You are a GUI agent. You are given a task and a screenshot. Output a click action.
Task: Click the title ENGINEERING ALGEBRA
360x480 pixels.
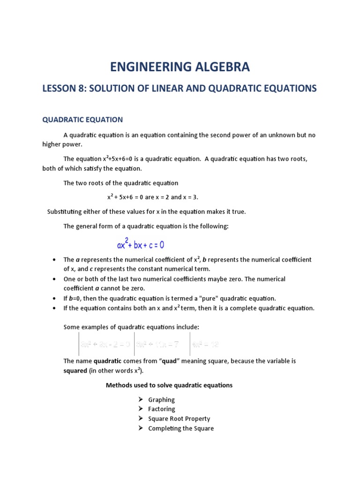pyautogui.click(x=180, y=67)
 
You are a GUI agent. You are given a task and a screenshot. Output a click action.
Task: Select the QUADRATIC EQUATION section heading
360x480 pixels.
pyautogui.click(x=82, y=120)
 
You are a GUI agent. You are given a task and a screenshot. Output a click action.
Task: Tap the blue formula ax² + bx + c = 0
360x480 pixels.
pyautogui.click(x=141, y=245)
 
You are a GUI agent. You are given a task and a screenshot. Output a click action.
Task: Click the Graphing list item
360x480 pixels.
pyautogui.click(x=161, y=400)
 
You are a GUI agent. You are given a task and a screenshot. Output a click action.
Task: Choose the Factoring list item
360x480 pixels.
pyautogui.click(x=161, y=409)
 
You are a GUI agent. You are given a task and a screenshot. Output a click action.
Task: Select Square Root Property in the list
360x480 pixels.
pyautogui.click(x=179, y=419)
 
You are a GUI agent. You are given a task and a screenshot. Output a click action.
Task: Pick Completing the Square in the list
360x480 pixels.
pyautogui.click(x=180, y=428)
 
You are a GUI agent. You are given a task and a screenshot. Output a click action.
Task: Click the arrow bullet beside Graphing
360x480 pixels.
pyautogui.click(x=140, y=400)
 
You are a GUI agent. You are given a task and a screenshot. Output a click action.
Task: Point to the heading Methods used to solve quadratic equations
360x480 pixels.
pyautogui.click(x=169, y=385)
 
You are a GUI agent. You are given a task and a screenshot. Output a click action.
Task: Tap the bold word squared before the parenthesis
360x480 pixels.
pyautogui.click(x=75, y=371)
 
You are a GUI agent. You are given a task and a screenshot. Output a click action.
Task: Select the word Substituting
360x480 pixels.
pyautogui.click(x=67, y=212)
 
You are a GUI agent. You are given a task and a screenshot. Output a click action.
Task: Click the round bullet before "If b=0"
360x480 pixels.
pyautogui.click(x=55, y=299)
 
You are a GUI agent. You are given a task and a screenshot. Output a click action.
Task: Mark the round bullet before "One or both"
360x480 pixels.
pyautogui.click(x=55, y=279)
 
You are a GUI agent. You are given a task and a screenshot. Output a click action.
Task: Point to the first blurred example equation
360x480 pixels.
pyautogui.click(x=105, y=345)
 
